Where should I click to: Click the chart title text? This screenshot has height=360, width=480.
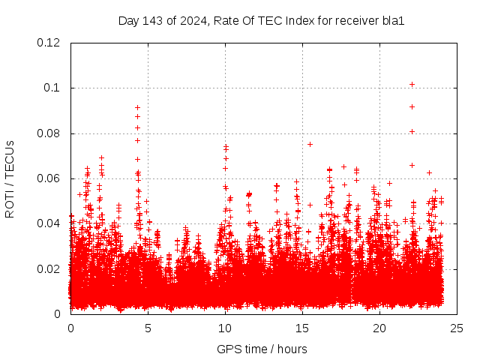coord(261,20)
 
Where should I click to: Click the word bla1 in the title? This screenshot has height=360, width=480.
coord(392,20)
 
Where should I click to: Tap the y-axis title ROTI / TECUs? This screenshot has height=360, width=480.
coord(10,178)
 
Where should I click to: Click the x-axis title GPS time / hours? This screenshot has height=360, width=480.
coord(262,349)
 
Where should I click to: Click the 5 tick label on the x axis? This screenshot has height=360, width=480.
coord(148,328)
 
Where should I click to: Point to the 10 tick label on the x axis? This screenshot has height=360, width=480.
coord(225,328)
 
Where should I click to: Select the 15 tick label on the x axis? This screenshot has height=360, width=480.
coord(302,328)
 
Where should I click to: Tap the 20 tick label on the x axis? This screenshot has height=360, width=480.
coord(379,328)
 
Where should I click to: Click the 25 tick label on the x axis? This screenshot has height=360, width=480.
coord(457,328)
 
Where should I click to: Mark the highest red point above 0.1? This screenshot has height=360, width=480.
coord(412,84)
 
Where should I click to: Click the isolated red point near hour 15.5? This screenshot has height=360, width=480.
coord(310,144)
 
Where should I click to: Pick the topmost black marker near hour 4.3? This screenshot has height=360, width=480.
coord(137,107)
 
